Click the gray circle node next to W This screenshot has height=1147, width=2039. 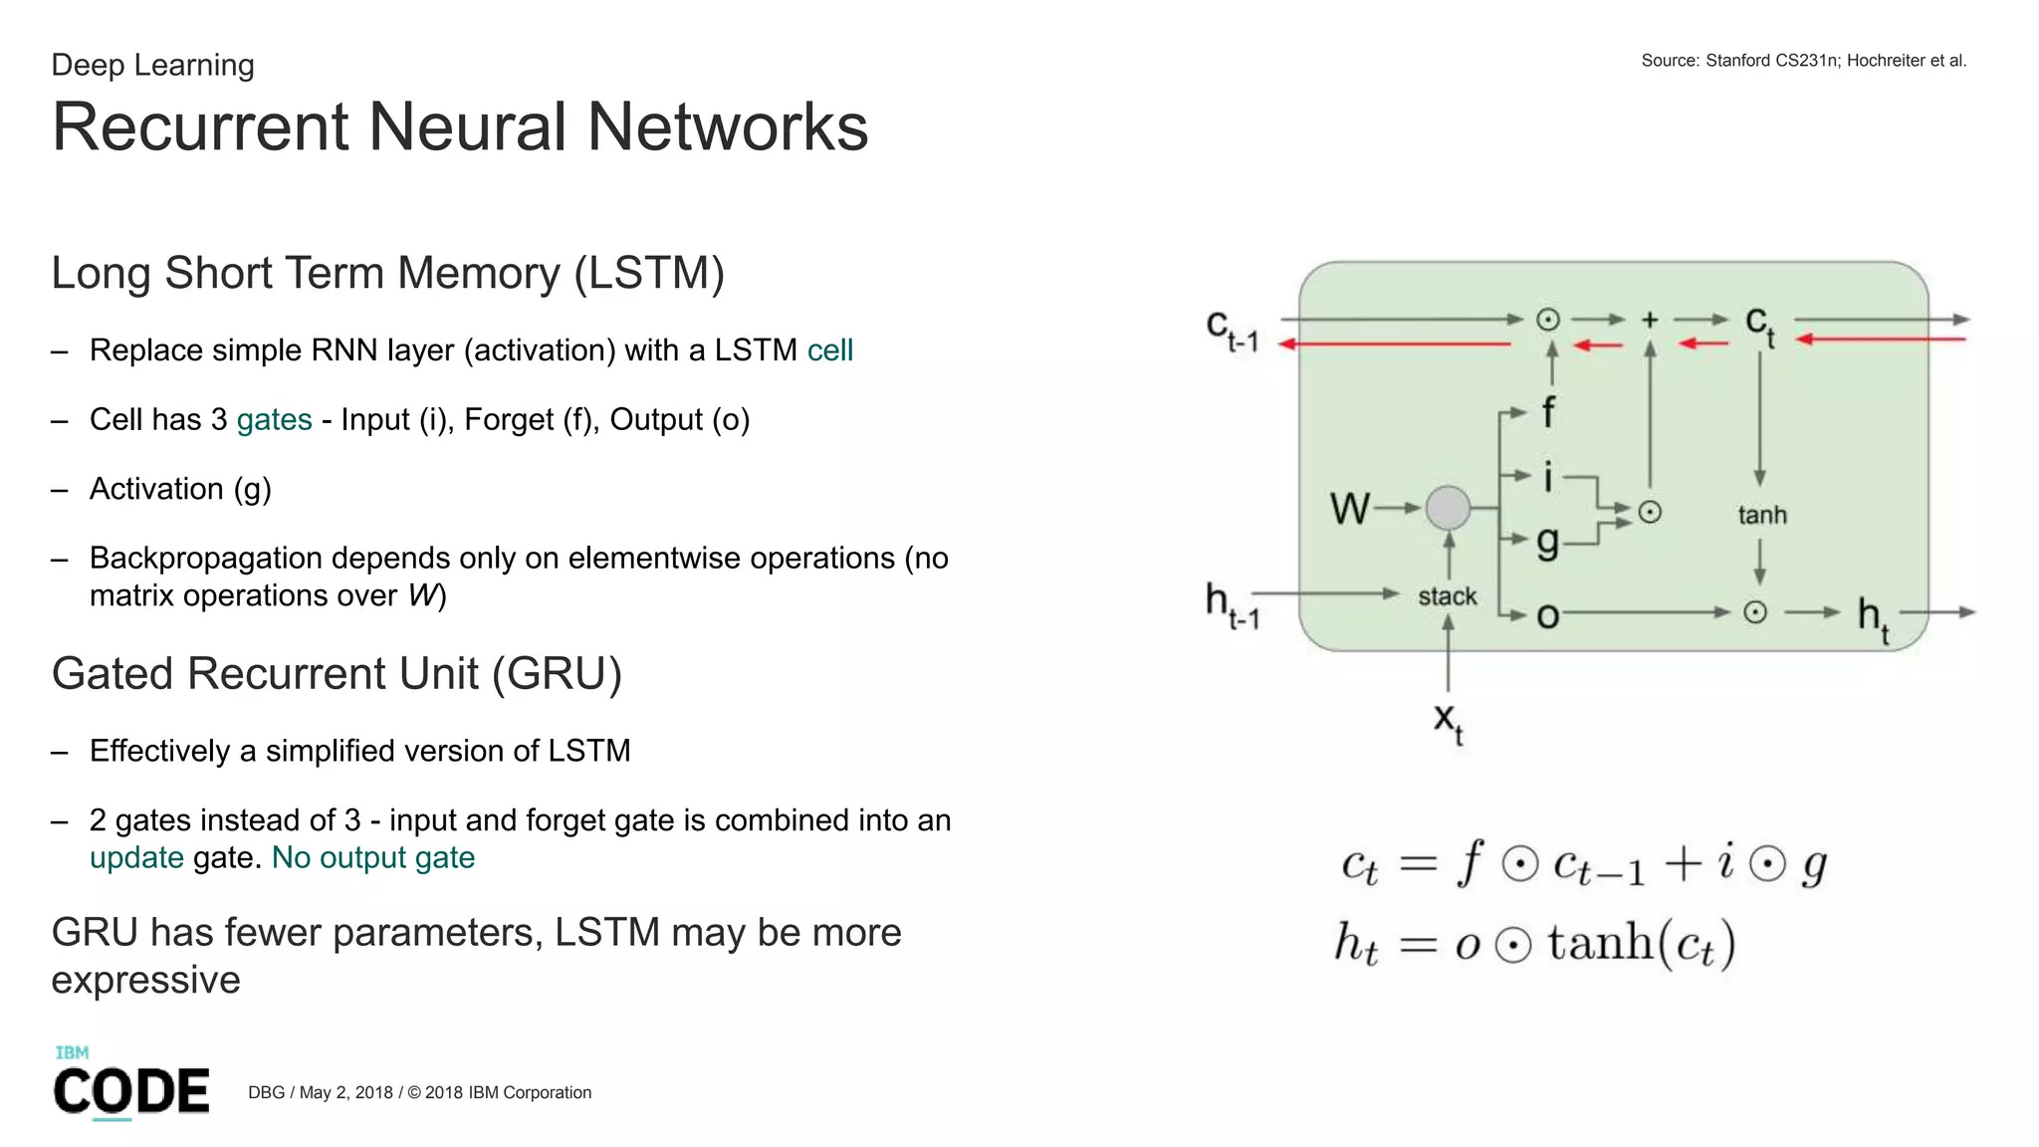coord(1448,508)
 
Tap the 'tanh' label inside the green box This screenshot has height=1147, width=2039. coord(1762,515)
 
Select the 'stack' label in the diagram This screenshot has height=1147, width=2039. coord(1447,596)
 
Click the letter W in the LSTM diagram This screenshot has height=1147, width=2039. coord(1349,509)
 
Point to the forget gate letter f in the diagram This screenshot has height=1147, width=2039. coord(1548,411)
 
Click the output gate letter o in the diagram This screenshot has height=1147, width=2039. coord(1547,616)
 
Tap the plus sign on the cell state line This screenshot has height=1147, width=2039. coord(1650,320)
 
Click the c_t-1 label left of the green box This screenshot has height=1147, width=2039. coord(1232,330)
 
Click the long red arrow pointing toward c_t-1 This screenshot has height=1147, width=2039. coord(1394,344)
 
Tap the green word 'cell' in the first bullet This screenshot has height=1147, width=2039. coord(829,350)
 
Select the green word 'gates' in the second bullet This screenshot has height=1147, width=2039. coord(274,420)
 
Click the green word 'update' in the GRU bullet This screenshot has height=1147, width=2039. coord(136,857)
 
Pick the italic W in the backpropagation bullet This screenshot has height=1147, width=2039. coord(422,595)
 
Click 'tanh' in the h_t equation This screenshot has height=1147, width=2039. coord(1599,942)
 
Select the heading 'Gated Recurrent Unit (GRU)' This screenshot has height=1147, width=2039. coord(337,674)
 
